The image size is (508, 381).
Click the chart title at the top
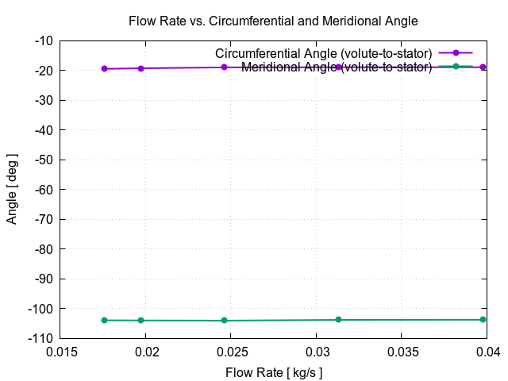click(273, 21)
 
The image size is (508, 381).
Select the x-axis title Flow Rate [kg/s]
click(274, 371)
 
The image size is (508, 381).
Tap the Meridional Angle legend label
click(337, 67)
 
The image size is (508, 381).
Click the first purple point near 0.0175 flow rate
click(104, 69)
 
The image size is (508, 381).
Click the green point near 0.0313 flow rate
click(338, 319)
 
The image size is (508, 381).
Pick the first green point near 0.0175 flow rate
click(104, 320)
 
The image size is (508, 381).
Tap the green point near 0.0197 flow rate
click(141, 320)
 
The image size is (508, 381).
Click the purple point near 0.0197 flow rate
click(141, 68)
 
